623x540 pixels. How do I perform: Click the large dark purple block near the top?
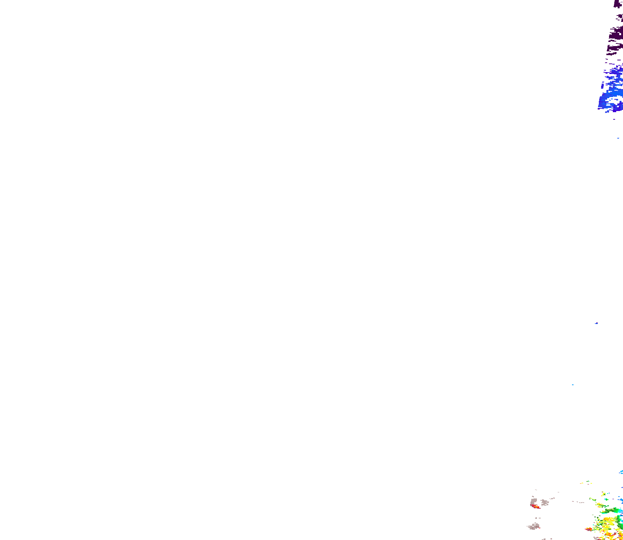pyautogui.click(x=616, y=35)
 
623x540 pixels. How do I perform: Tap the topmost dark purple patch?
pyautogui.click(x=618, y=4)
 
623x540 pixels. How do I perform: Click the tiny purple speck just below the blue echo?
pyautogui.click(x=614, y=119)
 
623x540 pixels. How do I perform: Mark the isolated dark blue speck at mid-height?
pyautogui.click(x=596, y=323)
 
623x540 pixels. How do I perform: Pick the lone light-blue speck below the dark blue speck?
pyautogui.click(x=573, y=385)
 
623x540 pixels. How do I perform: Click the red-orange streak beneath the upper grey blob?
pyautogui.click(x=535, y=507)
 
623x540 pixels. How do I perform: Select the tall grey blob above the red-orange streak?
pyautogui.click(x=534, y=502)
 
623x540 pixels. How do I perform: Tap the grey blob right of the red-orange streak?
pyautogui.click(x=544, y=503)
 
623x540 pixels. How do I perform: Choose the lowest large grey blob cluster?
pyautogui.click(x=534, y=526)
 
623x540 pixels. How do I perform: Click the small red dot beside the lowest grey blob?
pyautogui.click(x=540, y=528)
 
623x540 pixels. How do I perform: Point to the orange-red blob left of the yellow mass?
pyautogui.click(x=589, y=529)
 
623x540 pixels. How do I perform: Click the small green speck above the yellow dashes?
pyautogui.click(x=588, y=481)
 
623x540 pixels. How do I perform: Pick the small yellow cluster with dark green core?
pyautogui.click(x=604, y=494)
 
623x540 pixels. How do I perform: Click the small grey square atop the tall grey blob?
pyautogui.click(x=532, y=496)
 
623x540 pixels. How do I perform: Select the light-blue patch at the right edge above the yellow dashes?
pyautogui.click(x=621, y=472)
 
